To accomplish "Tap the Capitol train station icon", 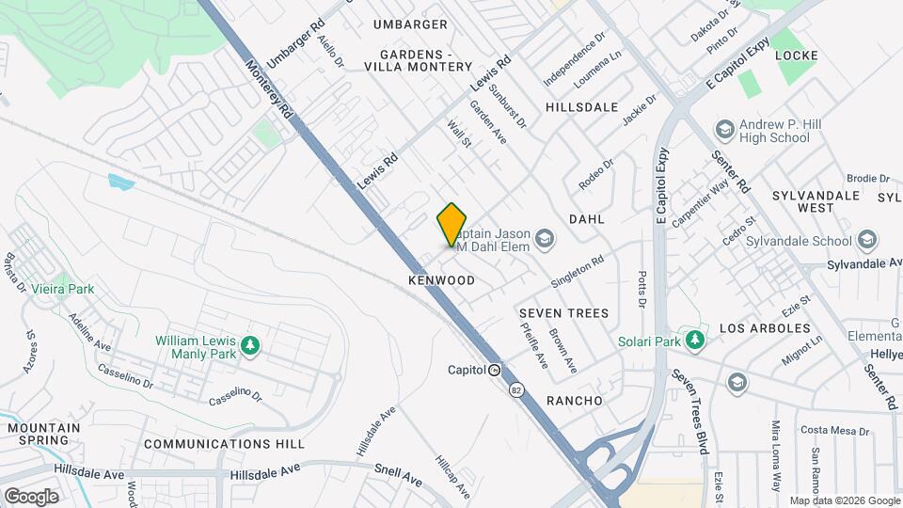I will [494, 370].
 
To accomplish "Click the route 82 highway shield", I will [515, 389].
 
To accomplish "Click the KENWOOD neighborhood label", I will [441, 281].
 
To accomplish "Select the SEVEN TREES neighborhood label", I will [563, 312].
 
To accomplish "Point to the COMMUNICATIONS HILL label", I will [224, 443].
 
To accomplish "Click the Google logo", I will [31, 496].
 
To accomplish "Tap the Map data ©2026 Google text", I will [843, 500].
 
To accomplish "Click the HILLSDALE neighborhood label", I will [581, 107].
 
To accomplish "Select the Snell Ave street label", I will [398, 476].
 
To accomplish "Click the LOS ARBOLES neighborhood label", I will [765, 328].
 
